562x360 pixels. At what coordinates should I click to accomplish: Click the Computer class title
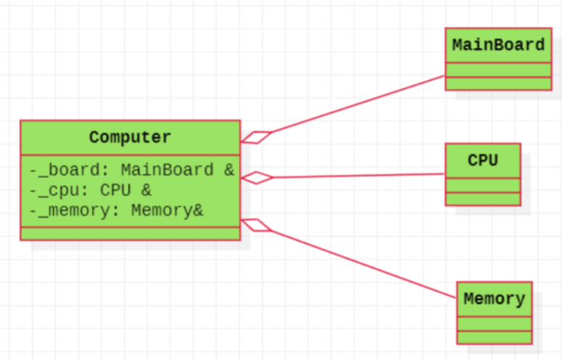pyautogui.click(x=131, y=137)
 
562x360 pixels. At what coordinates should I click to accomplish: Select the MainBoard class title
pyautogui.click(x=498, y=45)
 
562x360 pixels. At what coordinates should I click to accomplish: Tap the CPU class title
pyautogui.click(x=482, y=160)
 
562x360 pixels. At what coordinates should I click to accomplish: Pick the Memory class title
pyautogui.click(x=494, y=298)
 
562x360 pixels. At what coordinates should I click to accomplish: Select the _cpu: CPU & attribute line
pyautogui.click(x=91, y=191)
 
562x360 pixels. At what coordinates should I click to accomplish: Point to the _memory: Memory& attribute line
pyautogui.click(x=117, y=211)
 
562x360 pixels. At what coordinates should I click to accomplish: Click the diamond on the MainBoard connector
pyautogui.click(x=256, y=136)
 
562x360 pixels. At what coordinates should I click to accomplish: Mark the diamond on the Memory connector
pyautogui.click(x=256, y=224)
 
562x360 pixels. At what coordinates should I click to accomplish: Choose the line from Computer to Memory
pyautogui.click(x=363, y=262)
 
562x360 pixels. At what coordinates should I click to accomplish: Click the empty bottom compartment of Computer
pyautogui.click(x=131, y=233)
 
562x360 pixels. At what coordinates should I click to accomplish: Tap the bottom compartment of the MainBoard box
pyautogui.click(x=498, y=83)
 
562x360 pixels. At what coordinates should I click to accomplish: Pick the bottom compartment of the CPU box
pyautogui.click(x=482, y=199)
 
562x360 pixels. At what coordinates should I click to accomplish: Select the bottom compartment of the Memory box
pyautogui.click(x=494, y=337)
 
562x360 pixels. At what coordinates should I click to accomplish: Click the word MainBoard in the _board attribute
pyautogui.click(x=167, y=171)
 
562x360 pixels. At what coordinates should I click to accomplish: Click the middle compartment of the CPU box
pyautogui.click(x=482, y=185)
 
